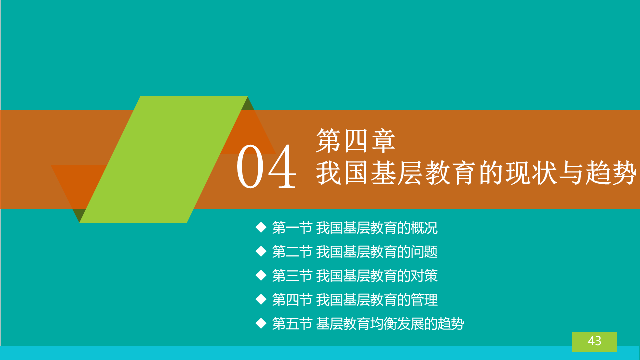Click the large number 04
266,167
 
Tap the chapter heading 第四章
355,141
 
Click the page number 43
594,341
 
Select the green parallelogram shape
163,159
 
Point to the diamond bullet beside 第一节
261,228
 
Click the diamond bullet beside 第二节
261,252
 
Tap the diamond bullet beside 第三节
261,276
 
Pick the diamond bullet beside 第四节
261,300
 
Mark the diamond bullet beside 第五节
261,324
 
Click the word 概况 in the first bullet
424,228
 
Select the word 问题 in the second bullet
424,252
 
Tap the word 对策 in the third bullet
424,276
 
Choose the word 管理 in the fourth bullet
424,300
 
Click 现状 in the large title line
531,173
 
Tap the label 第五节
292,324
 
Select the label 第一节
292,228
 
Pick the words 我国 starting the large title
341,173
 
